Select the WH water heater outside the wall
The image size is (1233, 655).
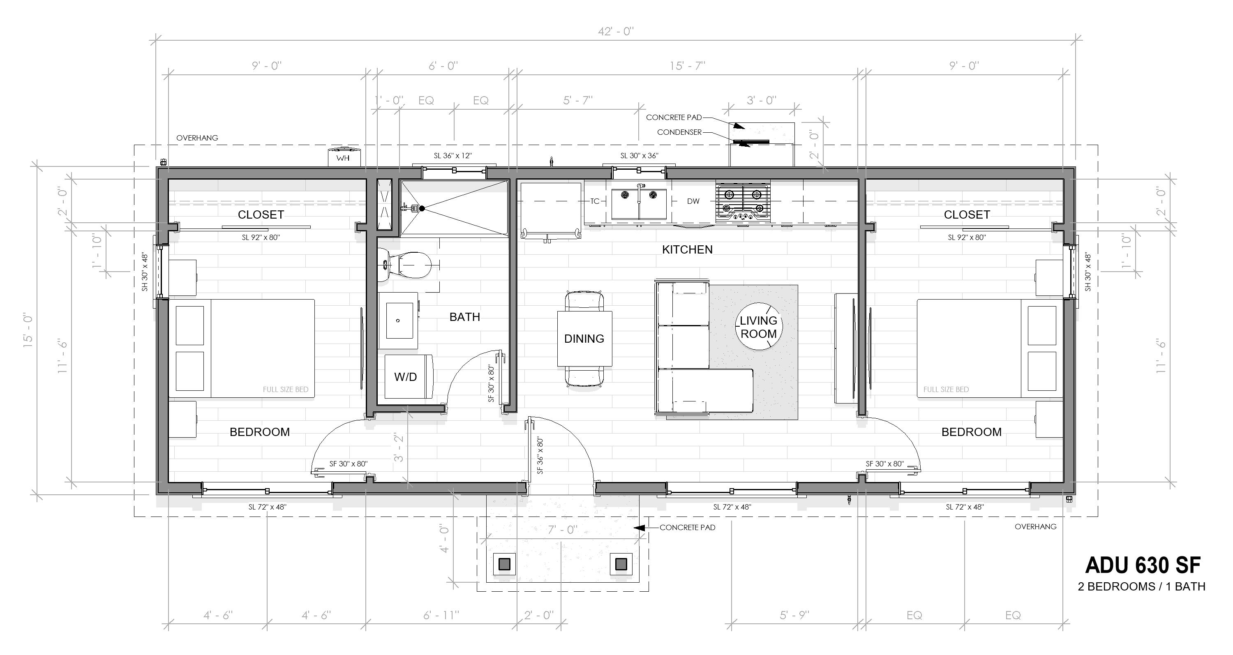[343, 157]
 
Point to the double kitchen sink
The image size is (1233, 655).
[639, 203]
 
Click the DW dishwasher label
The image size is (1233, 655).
[693, 201]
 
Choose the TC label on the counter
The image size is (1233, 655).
[594, 201]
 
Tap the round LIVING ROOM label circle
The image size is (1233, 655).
[758, 327]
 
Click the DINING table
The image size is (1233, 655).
[584, 339]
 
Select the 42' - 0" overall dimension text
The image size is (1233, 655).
[616, 32]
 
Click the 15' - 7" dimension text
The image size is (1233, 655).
[687, 66]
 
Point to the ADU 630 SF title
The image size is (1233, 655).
[1142, 565]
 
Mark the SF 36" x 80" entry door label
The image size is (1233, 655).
[540, 454]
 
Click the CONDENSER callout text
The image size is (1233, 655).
[679, 132]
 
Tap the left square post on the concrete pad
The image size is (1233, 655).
[504, 565]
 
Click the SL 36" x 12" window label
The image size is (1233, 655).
[453, 155]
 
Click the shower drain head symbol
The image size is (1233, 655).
[422, 208]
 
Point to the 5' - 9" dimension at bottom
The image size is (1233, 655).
[794, 615]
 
